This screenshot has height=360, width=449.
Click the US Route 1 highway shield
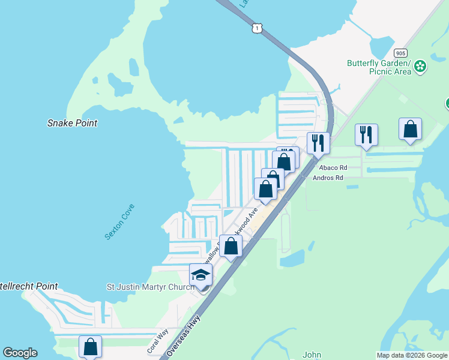(257, 28)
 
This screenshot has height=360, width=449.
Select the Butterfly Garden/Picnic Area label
(379, 67)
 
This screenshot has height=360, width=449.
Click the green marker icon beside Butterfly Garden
(420, 66)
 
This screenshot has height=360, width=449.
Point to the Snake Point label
(72, 123)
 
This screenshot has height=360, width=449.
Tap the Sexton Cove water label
(119, 222)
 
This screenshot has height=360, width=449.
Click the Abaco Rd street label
(333, 168)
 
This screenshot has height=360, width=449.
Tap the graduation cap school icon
(200, 275)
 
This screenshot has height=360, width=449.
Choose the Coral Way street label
(158, 341)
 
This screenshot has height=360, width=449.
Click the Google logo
(20, 353)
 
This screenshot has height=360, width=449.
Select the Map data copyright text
(411, 355)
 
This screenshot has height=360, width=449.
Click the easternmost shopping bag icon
(410, 129)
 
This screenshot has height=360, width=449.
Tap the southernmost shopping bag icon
(90, 346)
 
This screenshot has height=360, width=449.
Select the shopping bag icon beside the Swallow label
(231, 245)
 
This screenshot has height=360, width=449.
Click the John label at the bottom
(312, 355)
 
